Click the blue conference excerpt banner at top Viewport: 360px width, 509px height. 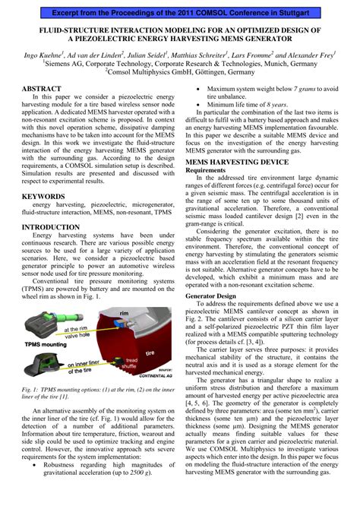click(x=180, y=12)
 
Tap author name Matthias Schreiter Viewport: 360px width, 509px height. click(x=195, y=56)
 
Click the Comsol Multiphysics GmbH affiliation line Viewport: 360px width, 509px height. click(x=180, y=74)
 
